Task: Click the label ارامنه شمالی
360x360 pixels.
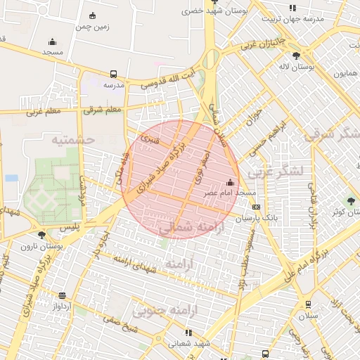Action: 185,228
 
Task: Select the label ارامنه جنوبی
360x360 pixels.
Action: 166,309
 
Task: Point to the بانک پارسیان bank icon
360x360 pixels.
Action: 256,207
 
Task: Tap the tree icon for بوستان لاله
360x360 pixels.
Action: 295,55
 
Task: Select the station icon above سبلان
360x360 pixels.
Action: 308,304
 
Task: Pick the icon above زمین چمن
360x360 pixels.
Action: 93,16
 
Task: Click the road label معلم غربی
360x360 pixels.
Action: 44,110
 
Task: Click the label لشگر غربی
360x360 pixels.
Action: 281,172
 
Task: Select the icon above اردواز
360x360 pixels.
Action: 63,295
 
